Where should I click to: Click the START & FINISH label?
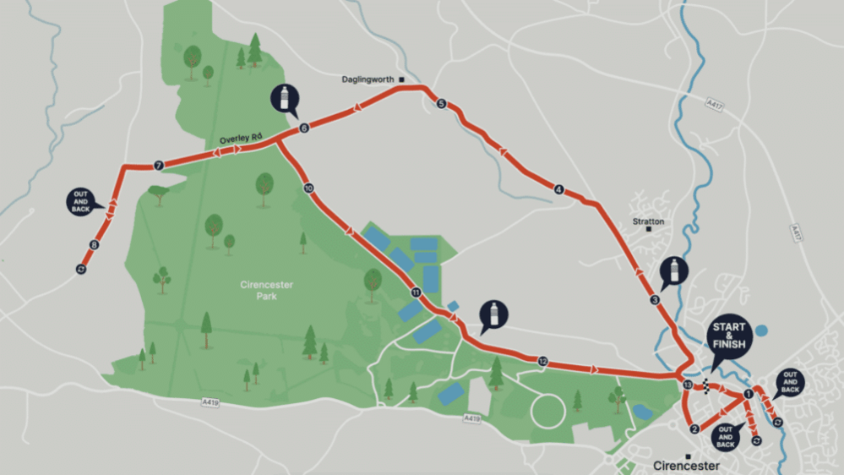(x=730, y=335)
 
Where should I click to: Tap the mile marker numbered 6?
(x=303, y=128)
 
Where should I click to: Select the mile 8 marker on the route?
(x=93, y=246)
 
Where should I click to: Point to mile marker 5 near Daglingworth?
(x=441, y=104)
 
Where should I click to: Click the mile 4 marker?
(x=558, y=189)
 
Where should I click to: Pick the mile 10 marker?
(x=308, y=188)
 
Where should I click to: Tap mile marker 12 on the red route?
(x=542, y=362)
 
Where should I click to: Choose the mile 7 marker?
(x=158, y=166)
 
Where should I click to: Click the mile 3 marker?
(x=655, y=300)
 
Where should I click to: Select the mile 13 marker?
(x=687, y=385)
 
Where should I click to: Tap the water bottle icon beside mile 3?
(x=674, y=271)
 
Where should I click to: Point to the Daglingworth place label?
(x=368, y=79)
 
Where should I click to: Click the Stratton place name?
(x=648, y=221)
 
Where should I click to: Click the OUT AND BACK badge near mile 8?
(x=81, y=201)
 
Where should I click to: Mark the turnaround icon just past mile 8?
(x=81, y=269)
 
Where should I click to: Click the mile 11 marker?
(x=415, y=292)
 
